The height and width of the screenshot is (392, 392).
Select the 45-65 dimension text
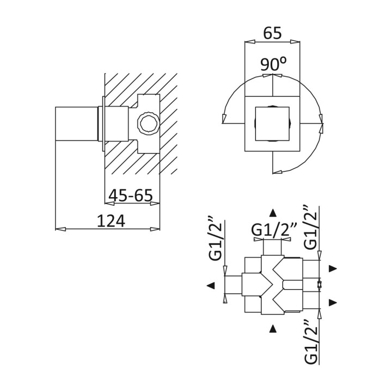coord(130,195)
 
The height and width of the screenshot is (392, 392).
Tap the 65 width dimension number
coord(272,33)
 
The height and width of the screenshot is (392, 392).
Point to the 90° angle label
coord(273,64)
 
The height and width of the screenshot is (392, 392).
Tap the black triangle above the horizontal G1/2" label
coord(273,212)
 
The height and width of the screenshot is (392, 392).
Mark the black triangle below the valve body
coord(273,328)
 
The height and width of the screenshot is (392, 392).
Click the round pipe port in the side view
coord(147,123)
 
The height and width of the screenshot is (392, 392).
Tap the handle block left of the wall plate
coord(77,124)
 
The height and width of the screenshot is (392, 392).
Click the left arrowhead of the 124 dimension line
coord(60,228)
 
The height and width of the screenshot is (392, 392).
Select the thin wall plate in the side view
coord(102,124)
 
